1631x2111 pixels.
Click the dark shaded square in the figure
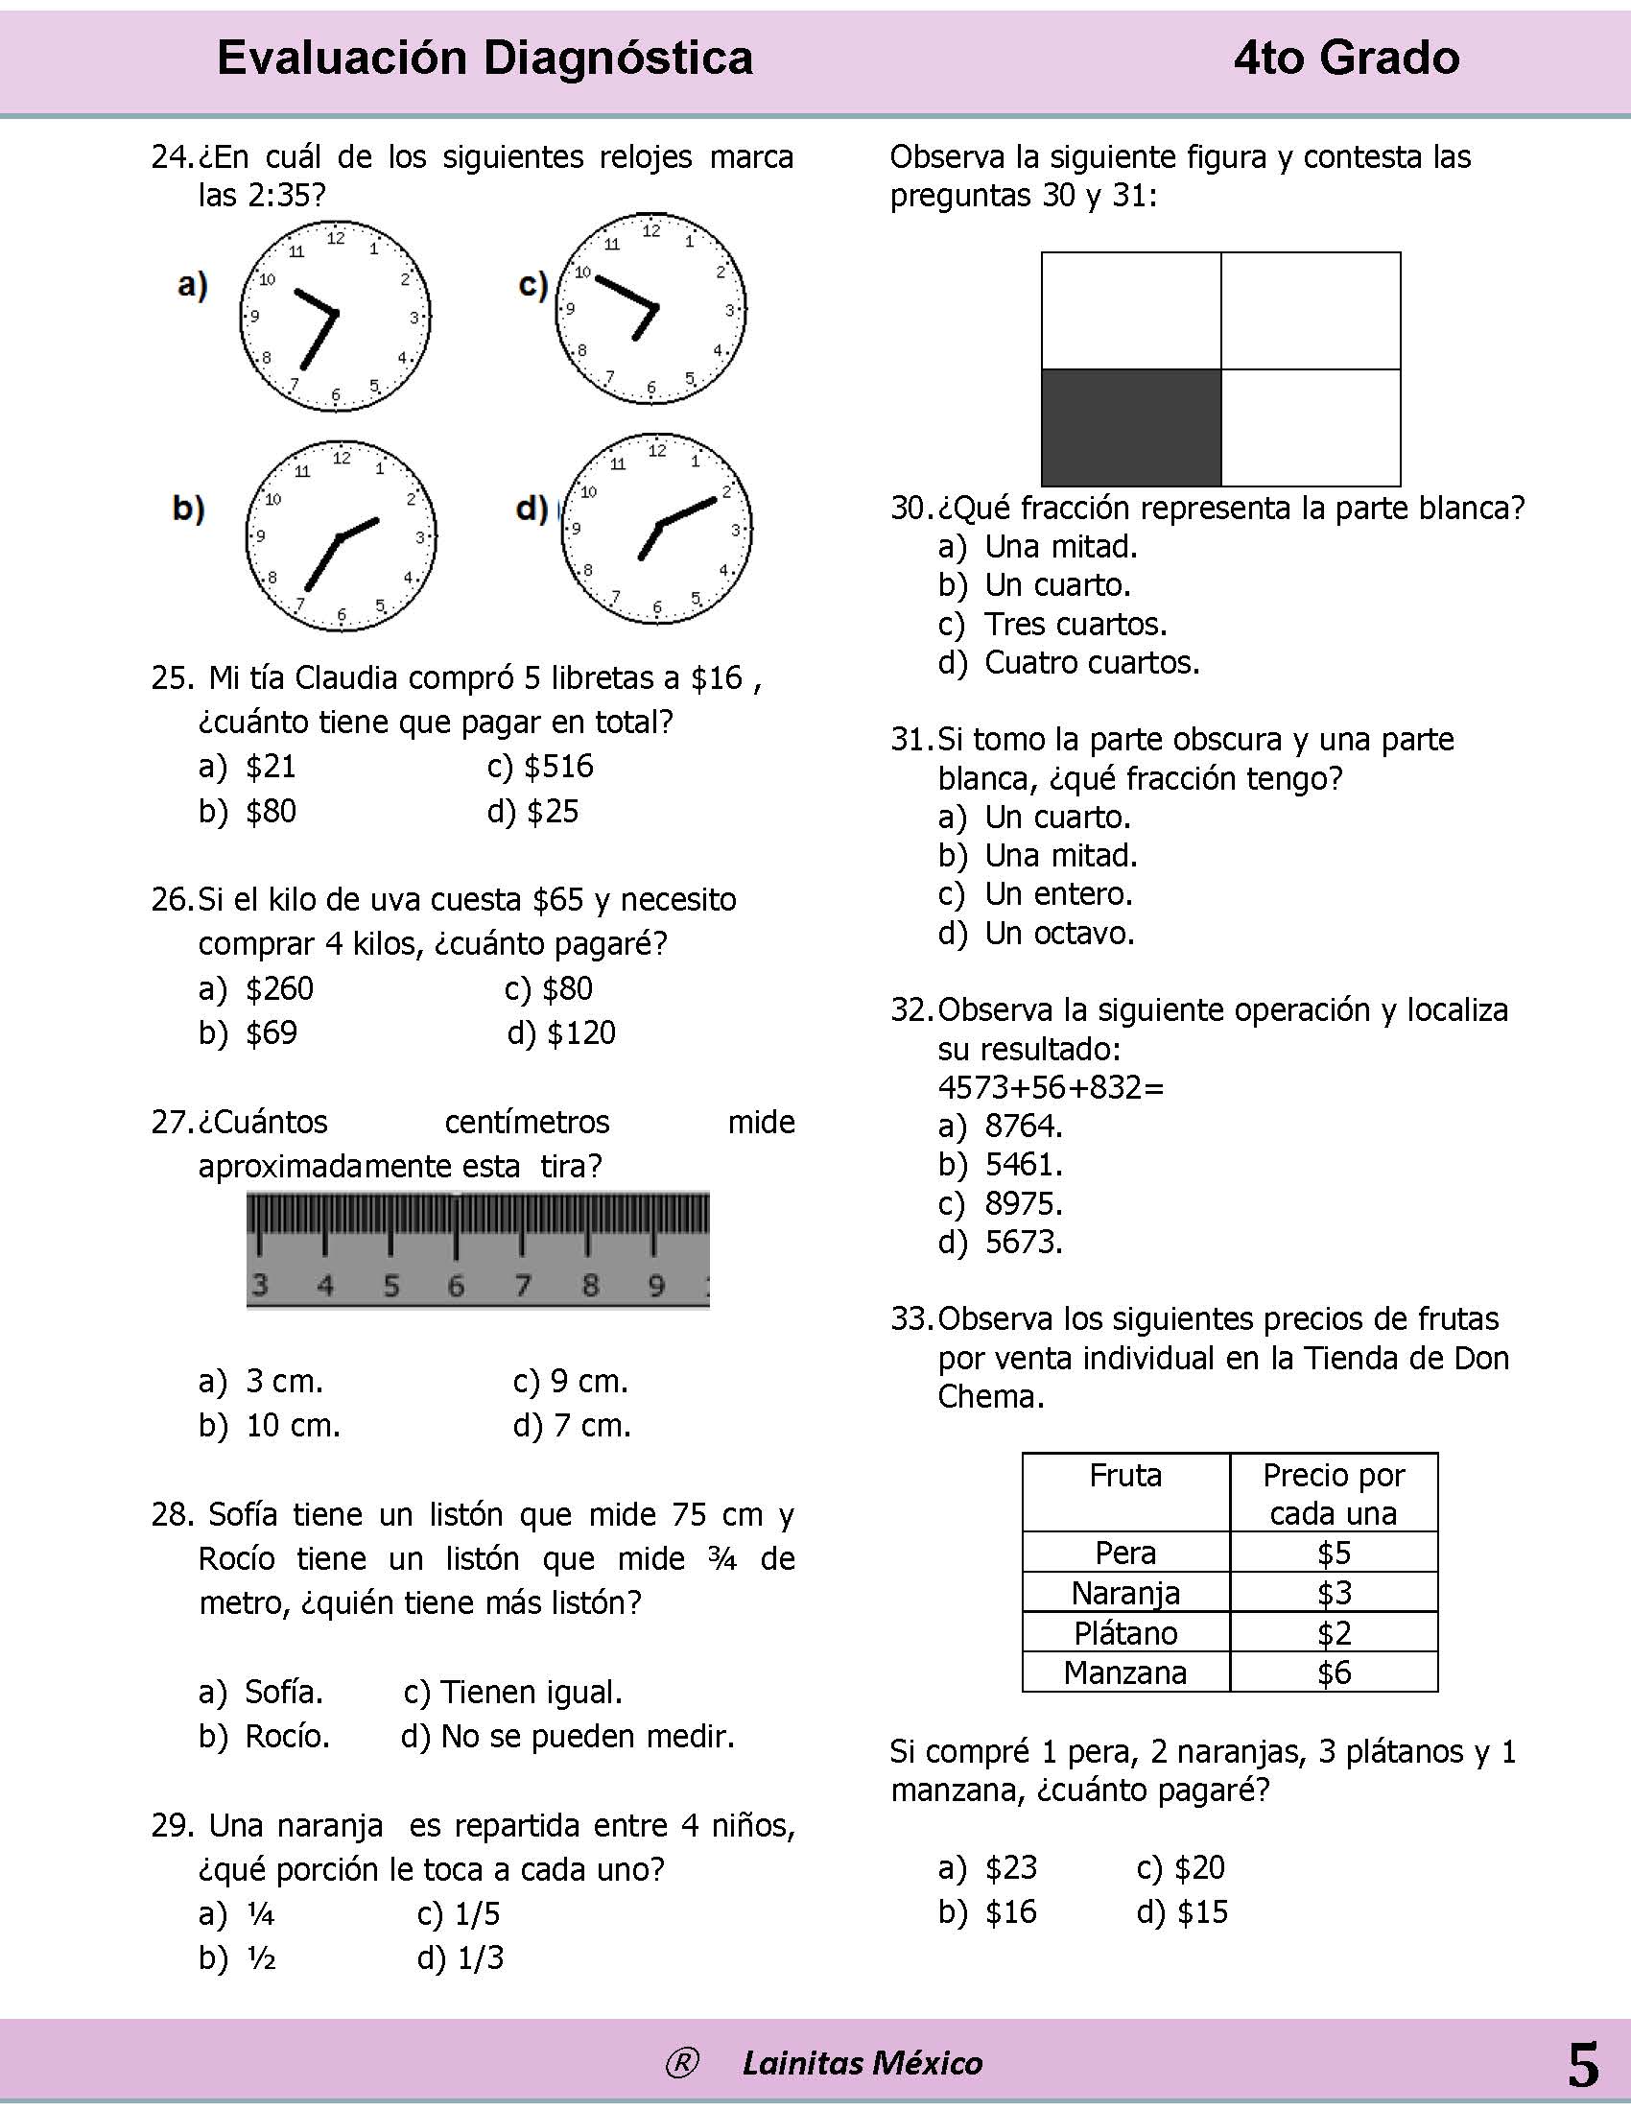(x=1130, y=427)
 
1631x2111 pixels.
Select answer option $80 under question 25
(x=270, y=811)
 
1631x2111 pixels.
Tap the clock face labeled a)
(x=334, y=315)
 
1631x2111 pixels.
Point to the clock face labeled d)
(x=657, y=528)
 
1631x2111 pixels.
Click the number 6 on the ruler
(x=456, y=1286)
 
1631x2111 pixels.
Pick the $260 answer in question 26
(x=278, y=987)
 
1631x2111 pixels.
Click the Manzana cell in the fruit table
(x=1124, y=1672)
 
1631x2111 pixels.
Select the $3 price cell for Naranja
(x=1334, y=1592)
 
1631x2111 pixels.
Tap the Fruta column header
(x=1124, y=1476)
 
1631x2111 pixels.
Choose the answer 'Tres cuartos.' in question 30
(x=1075, y=625)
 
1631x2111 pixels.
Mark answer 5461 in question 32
(x=1024, y=1165)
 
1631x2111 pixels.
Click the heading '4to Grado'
(x=1346, y=58)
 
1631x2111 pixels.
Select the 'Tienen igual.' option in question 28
(x=530, y=1692)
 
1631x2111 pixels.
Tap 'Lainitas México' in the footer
(x=862, y=2064)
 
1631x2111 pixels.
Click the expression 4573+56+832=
(x=1051, y=1087)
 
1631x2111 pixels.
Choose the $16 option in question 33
(x=1009, y=1911)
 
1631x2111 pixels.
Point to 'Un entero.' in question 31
(x=1057, y=894)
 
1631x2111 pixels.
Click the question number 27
(x=173, y=1123)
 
